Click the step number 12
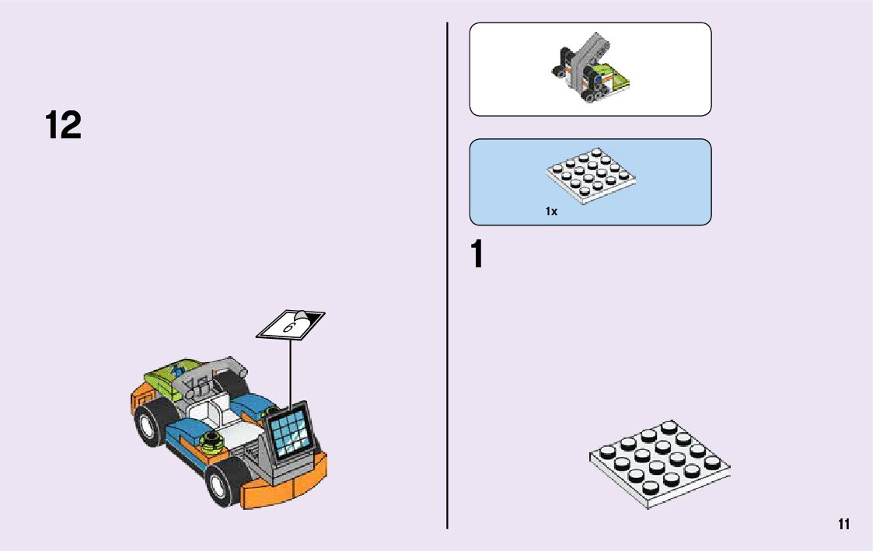(x=63, y=126)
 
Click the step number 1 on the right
(x=477, y=255)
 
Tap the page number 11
(x=844, y=524)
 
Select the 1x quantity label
(x=551, y=211)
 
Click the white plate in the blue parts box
(x=590, y=176)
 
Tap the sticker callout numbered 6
(x=290, y=325)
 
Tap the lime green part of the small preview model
(x=620, y=77)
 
